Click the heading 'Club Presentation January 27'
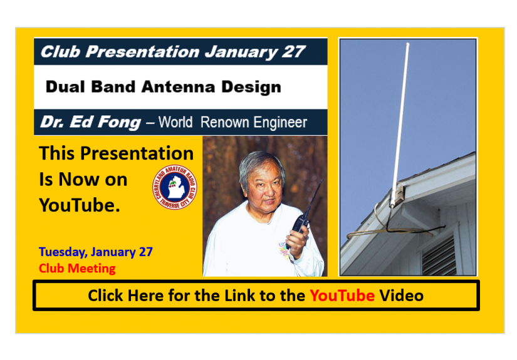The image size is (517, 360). tap(172, 51)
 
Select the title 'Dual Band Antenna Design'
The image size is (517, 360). tap(163, 86)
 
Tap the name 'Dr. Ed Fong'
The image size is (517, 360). tap(90, 122)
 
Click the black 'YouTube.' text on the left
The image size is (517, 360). tap(79, 205)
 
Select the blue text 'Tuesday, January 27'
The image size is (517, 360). tap(96, 252)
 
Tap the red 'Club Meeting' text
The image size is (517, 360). tap(77, 269)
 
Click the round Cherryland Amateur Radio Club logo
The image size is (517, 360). tap(175, 187)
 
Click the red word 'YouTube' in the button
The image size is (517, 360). tap(342, 295)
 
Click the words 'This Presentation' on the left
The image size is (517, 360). tap(116, 154)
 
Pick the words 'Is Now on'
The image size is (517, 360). tap(83, 180)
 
